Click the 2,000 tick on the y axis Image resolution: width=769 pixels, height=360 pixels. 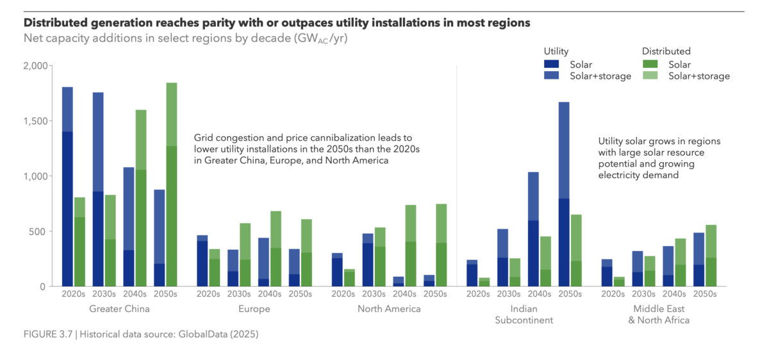(x=35, y=66)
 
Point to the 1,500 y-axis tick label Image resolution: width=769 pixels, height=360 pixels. (x=35, y=121)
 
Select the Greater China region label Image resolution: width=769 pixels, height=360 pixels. (x=120, y=309)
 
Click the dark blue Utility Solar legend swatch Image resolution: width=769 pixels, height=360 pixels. (x=552, y=64)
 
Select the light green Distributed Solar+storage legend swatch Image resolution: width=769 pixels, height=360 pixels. (x=651, y=76)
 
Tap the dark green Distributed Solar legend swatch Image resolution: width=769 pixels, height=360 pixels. (x=651, y=64)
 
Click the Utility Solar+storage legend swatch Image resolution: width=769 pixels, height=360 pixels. (x=552, y=76)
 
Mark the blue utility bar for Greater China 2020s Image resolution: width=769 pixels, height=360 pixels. (x=67, y=192)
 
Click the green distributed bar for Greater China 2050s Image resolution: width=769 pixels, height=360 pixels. (x=172, y=192)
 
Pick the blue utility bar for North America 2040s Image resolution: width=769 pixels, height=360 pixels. (x=399, y=281)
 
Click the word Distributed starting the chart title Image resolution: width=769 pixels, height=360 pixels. (x=57, y=22)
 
